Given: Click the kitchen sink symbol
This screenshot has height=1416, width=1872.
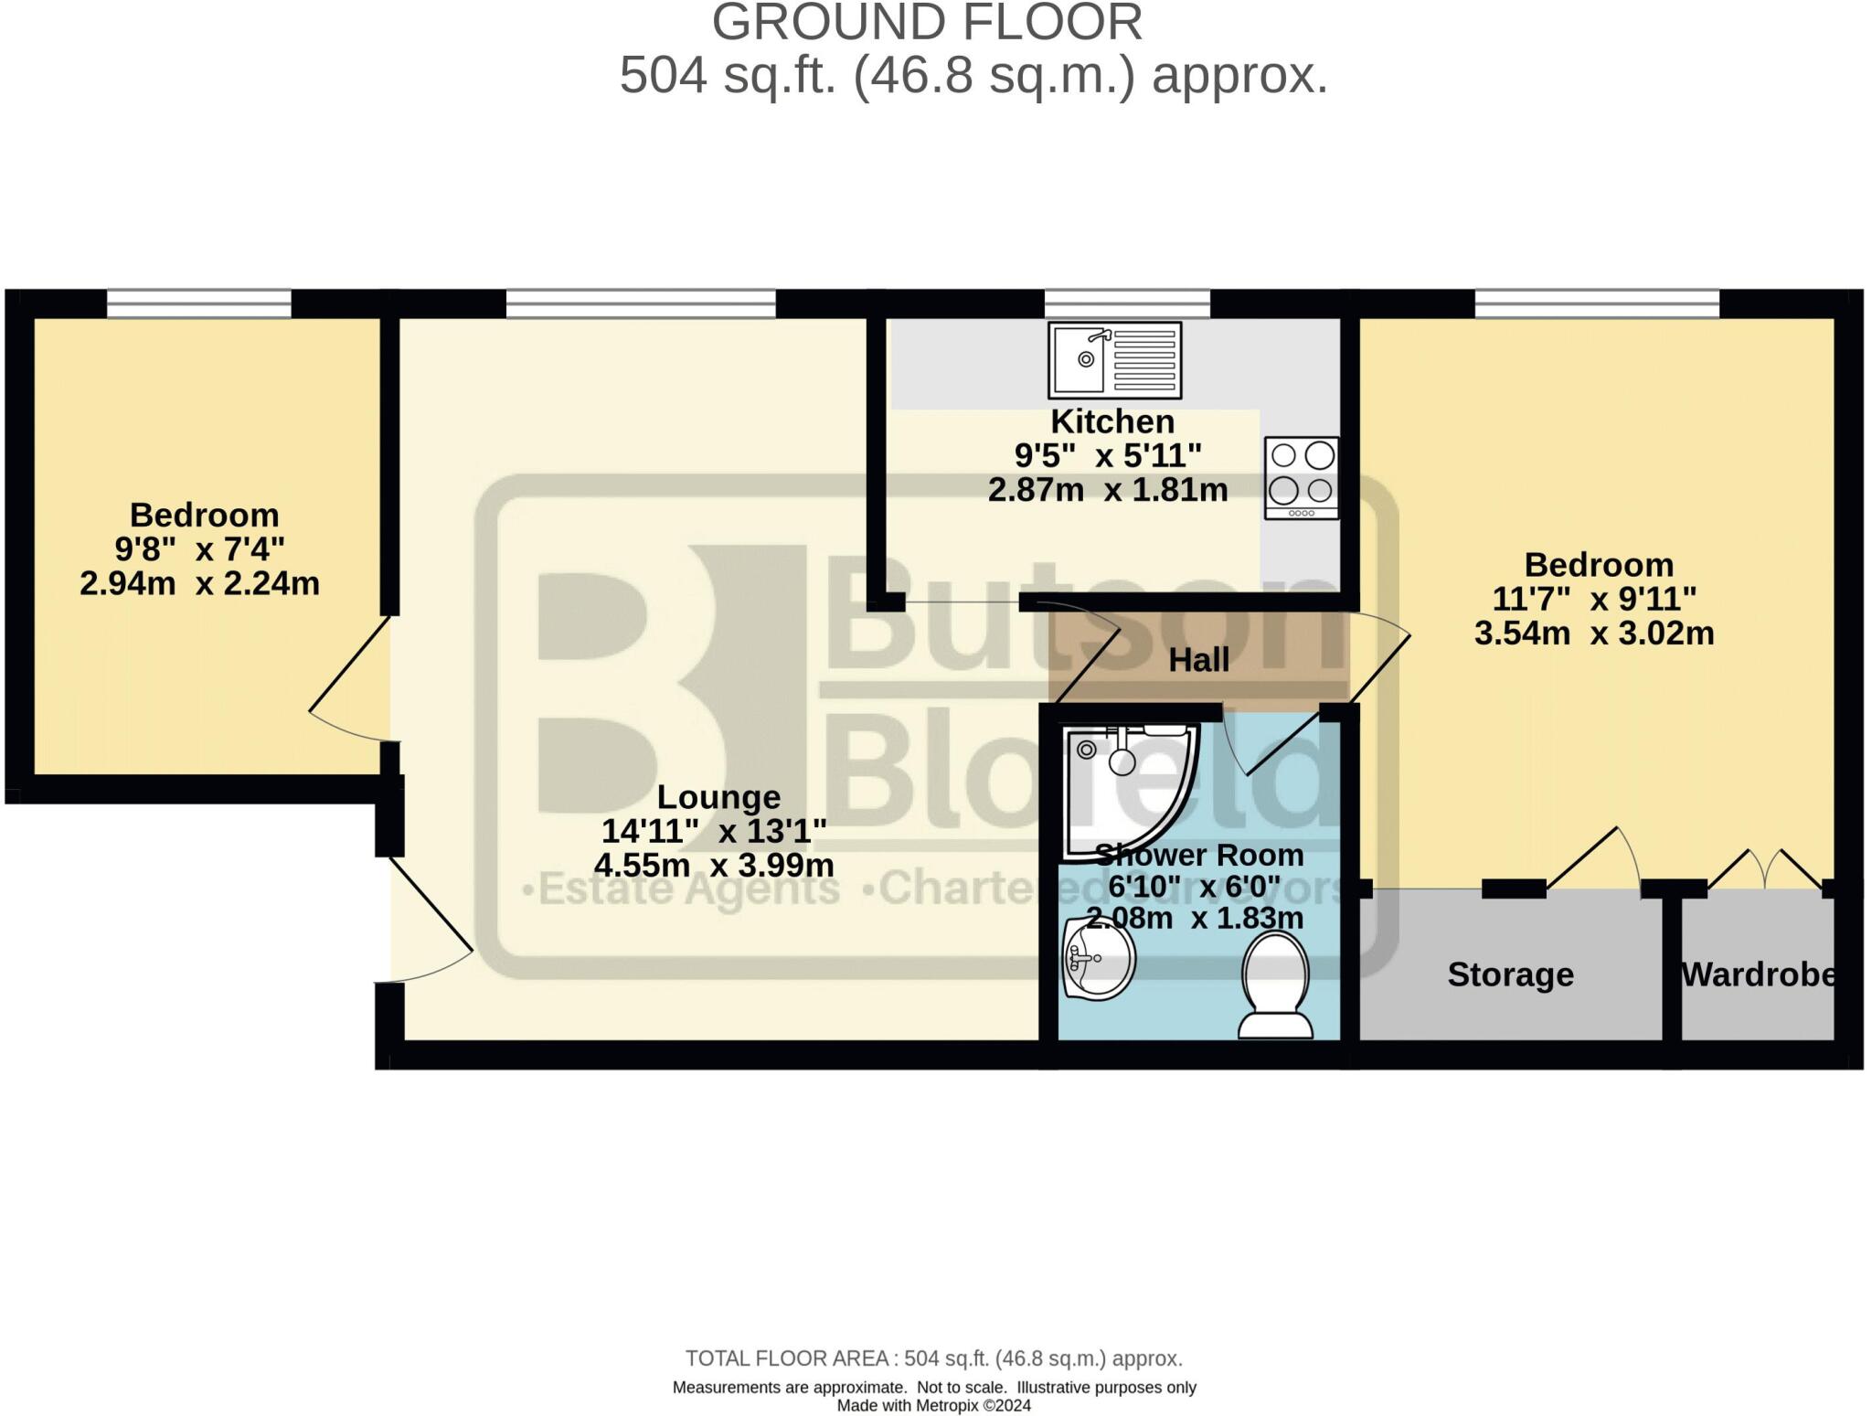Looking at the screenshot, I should [1114, 359].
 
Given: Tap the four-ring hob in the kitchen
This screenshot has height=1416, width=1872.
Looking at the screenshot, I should [1302, 477].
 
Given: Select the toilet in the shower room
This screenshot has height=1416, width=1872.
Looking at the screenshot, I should [1275, 985].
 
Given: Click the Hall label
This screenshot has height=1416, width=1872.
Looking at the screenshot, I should [1198, 660].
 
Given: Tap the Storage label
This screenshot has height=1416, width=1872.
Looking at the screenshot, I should [1510, 974].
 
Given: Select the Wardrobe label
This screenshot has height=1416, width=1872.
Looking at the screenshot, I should [1758, 974].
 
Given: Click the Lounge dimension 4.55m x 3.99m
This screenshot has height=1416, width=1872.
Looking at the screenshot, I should [714, 865].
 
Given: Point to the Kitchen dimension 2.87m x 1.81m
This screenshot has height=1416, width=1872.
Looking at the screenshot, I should [1108, 490].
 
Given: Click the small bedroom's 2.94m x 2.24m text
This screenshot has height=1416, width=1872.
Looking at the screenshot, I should [199, 583].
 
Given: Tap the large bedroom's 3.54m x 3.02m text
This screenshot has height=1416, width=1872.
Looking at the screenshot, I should [1594, 633].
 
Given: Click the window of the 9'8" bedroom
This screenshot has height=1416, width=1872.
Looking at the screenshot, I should [199, 303].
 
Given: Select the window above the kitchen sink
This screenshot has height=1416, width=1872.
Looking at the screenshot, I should [1127, 303].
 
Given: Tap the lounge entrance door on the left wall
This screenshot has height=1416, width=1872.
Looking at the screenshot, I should [430, 914].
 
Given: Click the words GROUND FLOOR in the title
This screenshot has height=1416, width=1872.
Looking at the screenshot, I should [927, 23].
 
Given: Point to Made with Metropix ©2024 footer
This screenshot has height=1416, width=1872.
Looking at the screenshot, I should [933, 1406].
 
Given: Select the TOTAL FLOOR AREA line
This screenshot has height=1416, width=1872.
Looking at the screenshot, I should [933, 1358].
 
